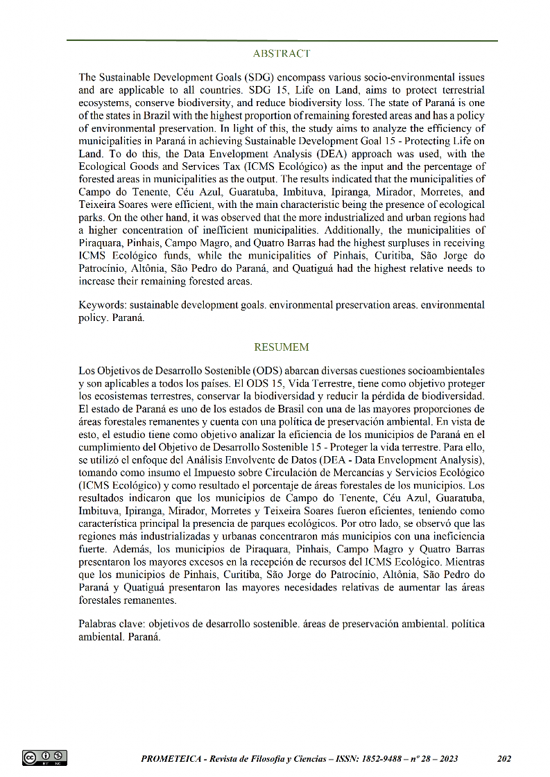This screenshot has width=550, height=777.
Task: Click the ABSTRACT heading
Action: coord(282,53)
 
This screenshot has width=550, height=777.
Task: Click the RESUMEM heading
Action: coord(282,347)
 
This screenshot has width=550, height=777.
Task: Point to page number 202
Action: coord(504,759)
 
